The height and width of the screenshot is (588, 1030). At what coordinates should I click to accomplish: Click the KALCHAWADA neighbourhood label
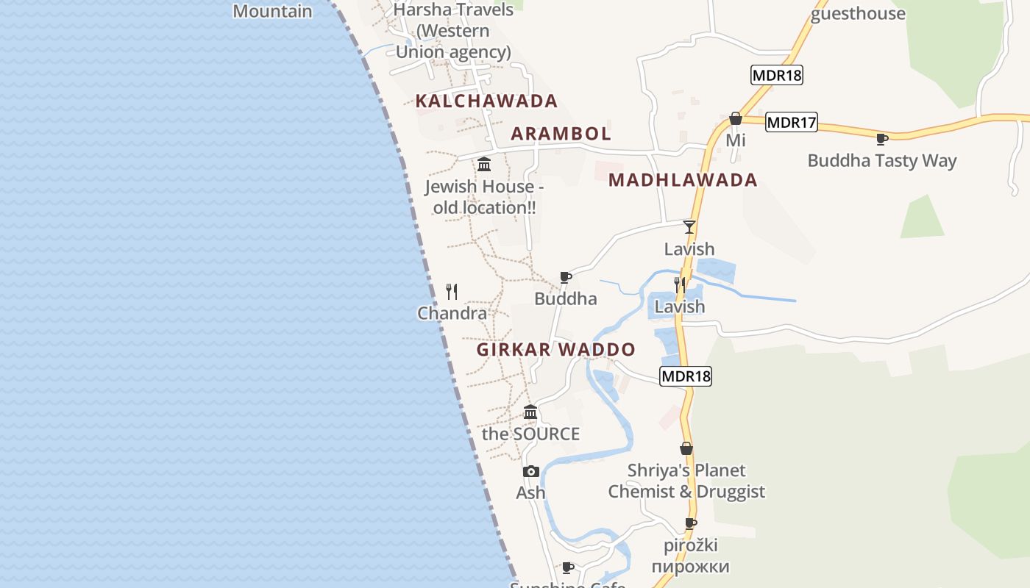pos(486,101)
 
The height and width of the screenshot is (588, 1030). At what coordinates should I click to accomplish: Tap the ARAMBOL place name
pos(561,134)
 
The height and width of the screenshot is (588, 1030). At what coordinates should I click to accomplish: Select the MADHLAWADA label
pos(683,180)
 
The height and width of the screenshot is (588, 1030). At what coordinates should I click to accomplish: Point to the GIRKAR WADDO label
pos(555,349)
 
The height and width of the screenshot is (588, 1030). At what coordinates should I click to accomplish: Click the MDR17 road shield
pos(791,122)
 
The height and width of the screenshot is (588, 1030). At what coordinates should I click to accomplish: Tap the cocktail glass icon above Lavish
pos(689,227)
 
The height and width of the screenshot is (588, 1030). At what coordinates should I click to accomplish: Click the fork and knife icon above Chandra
pos(452,292)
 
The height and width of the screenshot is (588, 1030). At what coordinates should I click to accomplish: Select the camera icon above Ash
pos(530,471)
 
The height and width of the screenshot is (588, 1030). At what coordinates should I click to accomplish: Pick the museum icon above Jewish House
pos(484,164)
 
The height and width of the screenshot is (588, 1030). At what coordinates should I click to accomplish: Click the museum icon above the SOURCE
pos(530,412)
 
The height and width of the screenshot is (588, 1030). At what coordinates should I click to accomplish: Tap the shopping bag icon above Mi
pos(735,118)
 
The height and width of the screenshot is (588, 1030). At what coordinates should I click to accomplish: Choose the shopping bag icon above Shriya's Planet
pos(686,448)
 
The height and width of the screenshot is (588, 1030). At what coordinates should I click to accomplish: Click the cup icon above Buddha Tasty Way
pos(882,139)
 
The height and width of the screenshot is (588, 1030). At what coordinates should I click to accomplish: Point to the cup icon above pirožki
pos(690,523)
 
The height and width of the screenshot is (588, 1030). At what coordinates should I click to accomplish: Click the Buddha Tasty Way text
pos(881,161)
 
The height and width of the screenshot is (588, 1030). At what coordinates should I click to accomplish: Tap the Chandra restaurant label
pos(452,313)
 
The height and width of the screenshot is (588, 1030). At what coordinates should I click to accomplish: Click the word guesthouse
pos(858,14)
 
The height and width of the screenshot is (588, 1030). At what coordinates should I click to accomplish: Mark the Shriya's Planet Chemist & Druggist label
pos(686,481)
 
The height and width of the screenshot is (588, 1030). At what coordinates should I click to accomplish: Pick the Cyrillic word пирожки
pos(690,567)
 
